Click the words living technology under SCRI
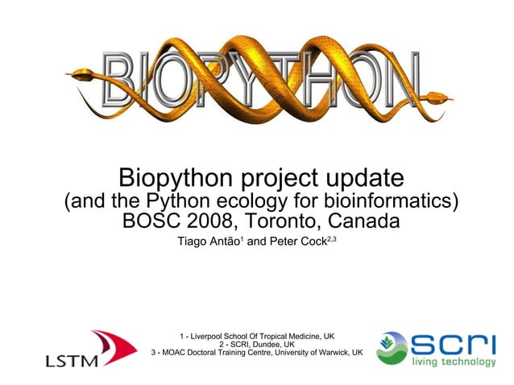click(454, 362)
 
